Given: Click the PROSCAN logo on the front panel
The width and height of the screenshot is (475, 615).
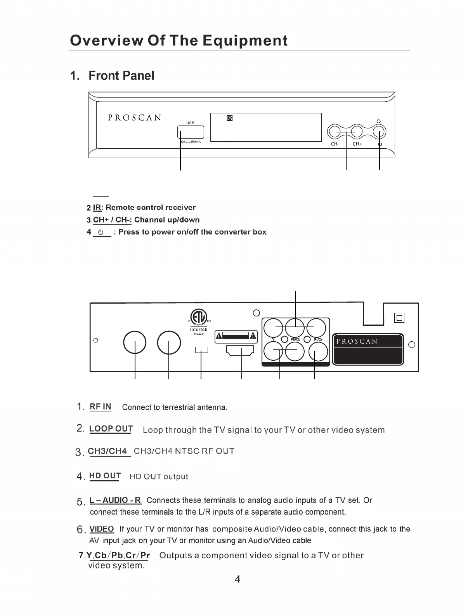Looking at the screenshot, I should pyautogui.click(x=134, y=118).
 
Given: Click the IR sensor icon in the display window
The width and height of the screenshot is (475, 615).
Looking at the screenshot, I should pyautogui.click(x=230, y=118).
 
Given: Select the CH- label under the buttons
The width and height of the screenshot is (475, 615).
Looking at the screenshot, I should pyautogui.click(x=335, y=144).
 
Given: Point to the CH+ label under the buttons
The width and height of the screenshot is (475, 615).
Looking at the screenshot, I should pyautogui.click(x=357, y=144).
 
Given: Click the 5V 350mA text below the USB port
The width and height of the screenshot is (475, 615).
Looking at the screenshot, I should pyautogui.click(x=191, y=142).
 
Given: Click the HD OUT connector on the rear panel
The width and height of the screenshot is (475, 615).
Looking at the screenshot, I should pyautogui.click(x=240, y=351).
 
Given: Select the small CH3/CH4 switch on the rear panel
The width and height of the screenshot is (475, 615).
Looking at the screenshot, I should pyautogui.click(x=201, y=350).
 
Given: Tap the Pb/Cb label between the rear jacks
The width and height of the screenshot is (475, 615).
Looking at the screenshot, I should pyautogui.click(x=295, y=339).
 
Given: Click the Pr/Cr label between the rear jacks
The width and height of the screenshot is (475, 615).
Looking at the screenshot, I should pyautogui.click(x=318, y=339).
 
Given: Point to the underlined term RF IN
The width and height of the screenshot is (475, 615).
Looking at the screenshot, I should pyautogui.click(x=100, y=407).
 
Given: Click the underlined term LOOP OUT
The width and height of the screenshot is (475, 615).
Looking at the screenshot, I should pyautogui.click(x=111, y=429).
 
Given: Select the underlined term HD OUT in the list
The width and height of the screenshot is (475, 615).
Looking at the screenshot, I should pyautogui.click(x=105, y=476).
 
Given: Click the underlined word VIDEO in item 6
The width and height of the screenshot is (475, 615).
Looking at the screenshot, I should pyautogui.click(x=102, y=529).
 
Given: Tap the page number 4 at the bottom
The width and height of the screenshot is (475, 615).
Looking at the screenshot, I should pyautogui.click(x=237, y=579).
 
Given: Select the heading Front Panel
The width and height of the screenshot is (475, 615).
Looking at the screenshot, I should pyautogui.click(x=121, y=75).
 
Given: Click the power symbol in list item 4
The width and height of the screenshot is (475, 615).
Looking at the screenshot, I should pyautogui.click(x=101, y=232).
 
